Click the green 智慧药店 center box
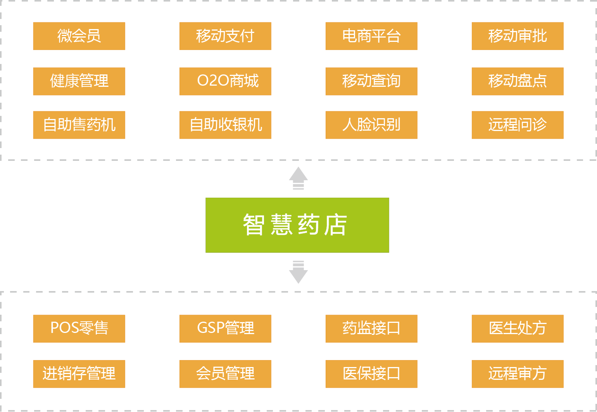(x=297, y=225)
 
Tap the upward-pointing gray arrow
(x=298, y=178)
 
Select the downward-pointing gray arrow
(x=298, y=272)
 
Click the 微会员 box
(x=79, y=36)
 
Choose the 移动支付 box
(x=225, y=36)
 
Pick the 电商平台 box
(x=371, y=36)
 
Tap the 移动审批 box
(x=518, y=36)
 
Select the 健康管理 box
(x=79, y=81)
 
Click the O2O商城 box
(x=225, y=81)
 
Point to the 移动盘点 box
(x=518, y=81)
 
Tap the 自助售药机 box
(x=79, y=125)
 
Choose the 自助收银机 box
(x=225, y=125)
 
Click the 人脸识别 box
(x=371, y=125)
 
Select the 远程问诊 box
(x=518, y=125)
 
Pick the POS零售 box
(x=79, y=329)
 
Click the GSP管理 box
(x=225, y=329)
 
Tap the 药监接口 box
(x=371, y=329)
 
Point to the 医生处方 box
(x=518, y=329)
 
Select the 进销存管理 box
(x=79, y=374)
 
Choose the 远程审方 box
(x=518, y=374)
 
